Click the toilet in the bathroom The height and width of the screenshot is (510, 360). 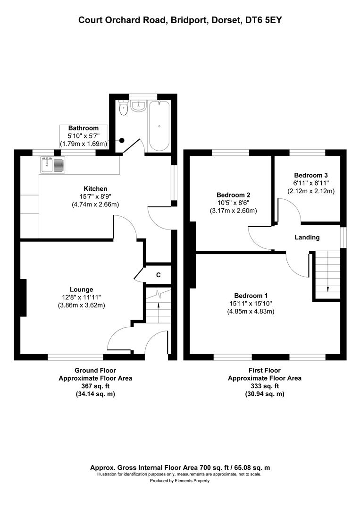(124, 109)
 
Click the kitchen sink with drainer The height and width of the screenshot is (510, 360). (52, 165)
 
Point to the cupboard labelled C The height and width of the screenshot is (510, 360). (159, 275)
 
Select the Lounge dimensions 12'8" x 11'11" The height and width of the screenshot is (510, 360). (82, 297)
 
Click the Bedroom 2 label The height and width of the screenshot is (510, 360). (233, 195)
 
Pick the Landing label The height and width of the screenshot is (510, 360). (307, 238)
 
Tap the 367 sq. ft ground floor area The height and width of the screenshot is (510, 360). (95, 386)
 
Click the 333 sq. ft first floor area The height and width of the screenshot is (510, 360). (264, 386)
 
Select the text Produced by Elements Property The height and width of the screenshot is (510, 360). (180, 481)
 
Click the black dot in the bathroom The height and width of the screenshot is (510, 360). (122, 140)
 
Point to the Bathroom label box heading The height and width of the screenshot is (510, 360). (84, 128)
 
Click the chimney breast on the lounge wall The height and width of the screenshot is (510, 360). (23, 297)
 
